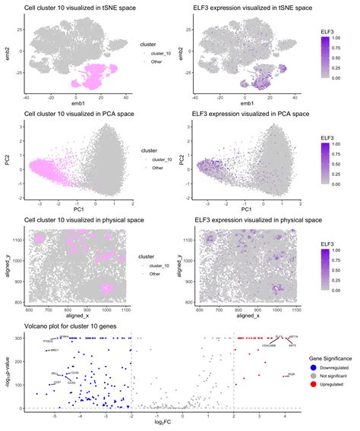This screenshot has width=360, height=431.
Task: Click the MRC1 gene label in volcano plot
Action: tap(54, 351)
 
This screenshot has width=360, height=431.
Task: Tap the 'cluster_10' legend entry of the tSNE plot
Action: tap(162, 53)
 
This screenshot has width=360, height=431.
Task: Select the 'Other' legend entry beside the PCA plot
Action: tap(157, 168)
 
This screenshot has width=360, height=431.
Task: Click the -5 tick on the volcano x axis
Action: tap(54, 417)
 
